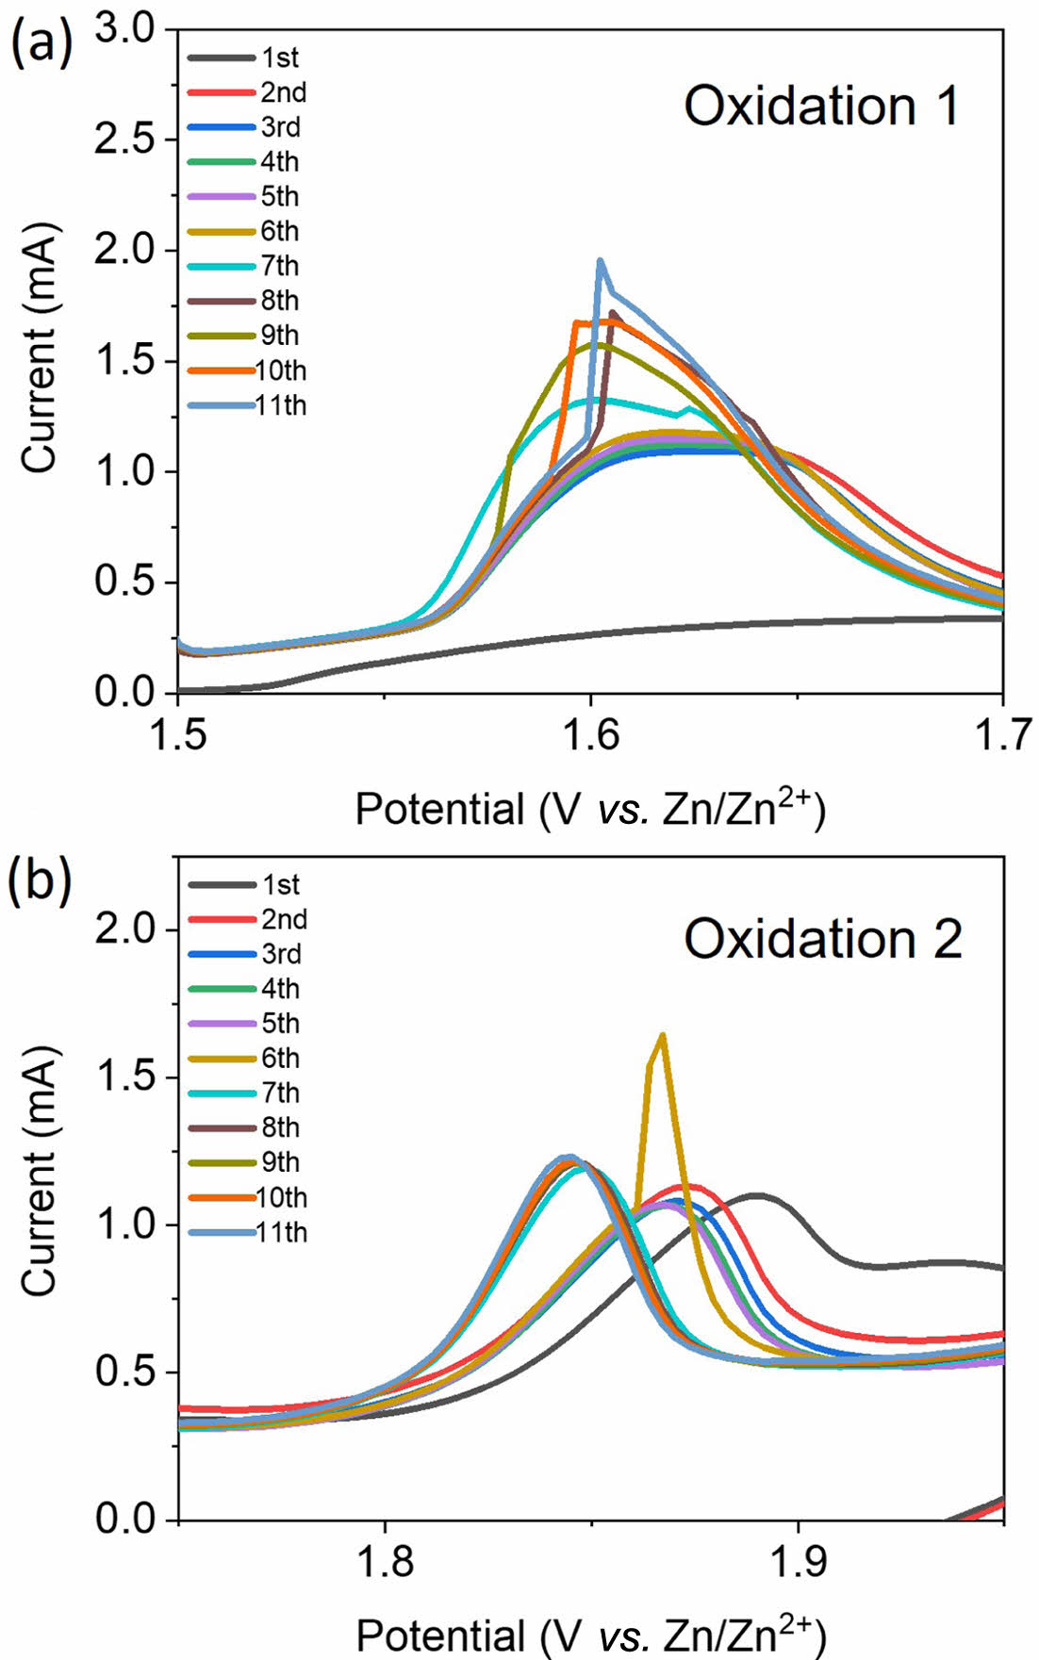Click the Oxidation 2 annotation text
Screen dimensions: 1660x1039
coord(822,939)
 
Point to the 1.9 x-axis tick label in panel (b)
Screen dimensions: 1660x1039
coord(798,1562)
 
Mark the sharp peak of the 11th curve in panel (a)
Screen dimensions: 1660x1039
coord(600,261)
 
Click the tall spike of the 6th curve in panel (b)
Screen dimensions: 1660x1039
coord(662,1035)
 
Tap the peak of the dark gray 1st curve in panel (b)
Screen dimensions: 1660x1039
coord(757,1195)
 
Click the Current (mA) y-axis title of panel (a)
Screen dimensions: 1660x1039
coord(40,348)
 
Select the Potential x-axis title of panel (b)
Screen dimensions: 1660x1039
coord(590,1634)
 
